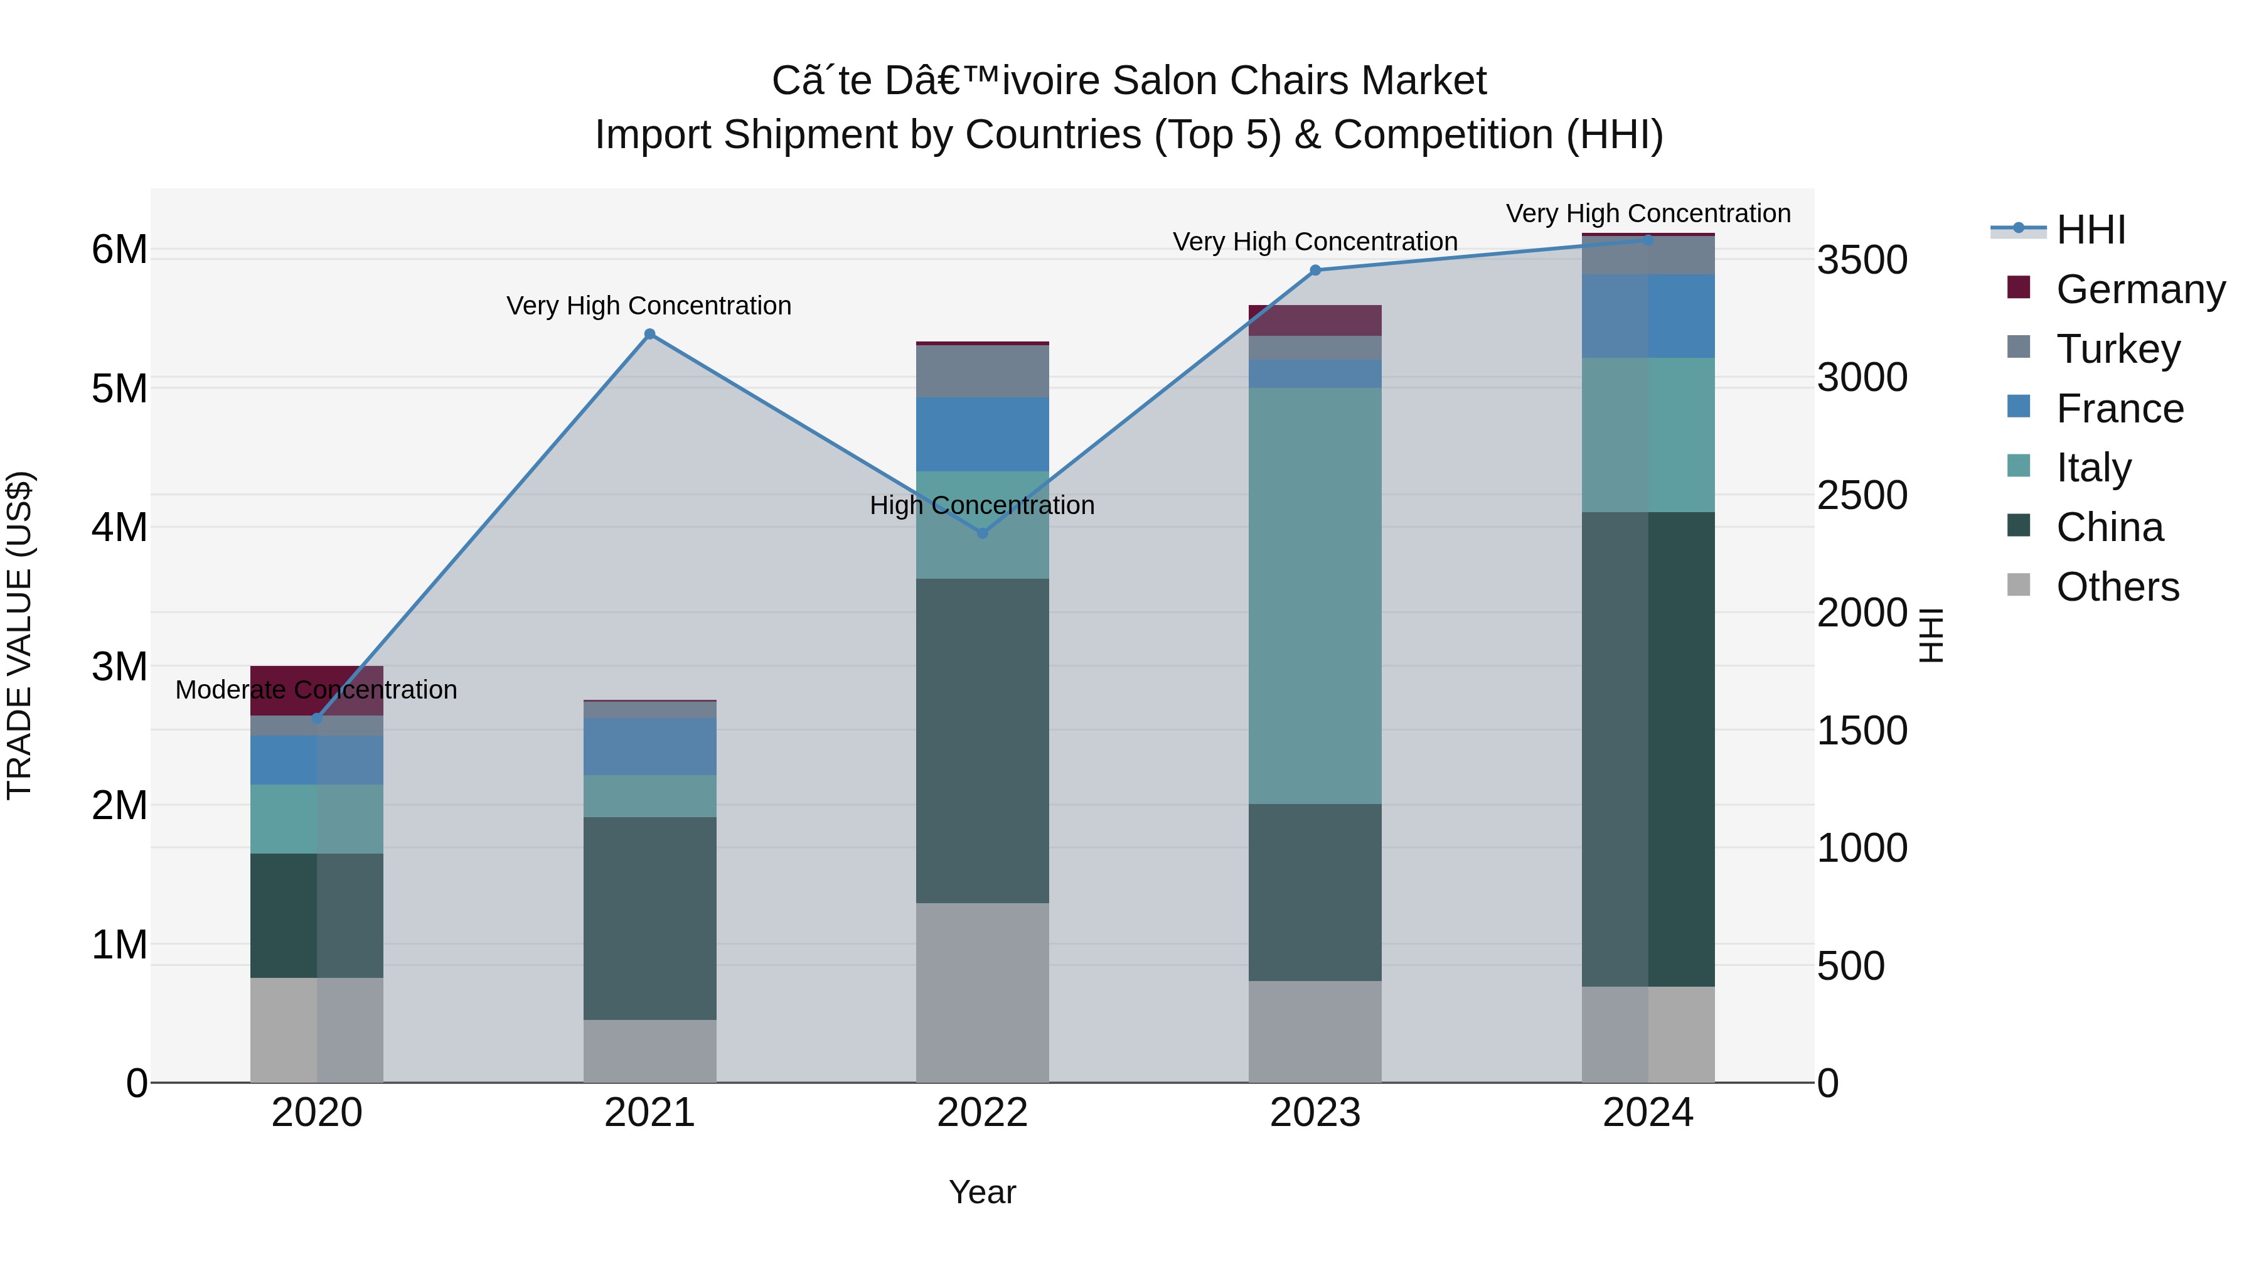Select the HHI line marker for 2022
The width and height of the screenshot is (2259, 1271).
click(982, 534)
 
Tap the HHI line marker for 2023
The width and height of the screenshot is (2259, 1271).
click(1315, 270)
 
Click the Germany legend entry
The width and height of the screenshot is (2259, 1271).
click(2140, 289)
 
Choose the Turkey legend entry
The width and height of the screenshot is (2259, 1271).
click(2117, 349)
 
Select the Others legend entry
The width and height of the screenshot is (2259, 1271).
click(2117, 587)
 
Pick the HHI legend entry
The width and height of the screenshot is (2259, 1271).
click(2091, 230)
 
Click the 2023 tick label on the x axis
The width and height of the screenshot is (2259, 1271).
click(1315, 1113)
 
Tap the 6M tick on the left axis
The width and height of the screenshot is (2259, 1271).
click(119, 250)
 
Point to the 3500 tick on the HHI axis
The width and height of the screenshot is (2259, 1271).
click(1862, 260)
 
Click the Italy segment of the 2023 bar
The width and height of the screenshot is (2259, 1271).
click(1315, 596)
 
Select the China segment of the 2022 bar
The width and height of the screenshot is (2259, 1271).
click(982, 741)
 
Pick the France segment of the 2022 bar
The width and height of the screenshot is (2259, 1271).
click(982, 434)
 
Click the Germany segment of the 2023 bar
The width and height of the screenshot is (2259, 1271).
click(1315, 320)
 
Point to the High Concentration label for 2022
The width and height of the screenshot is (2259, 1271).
click(982, 506)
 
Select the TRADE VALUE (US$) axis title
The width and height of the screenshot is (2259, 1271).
click(19, 635)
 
